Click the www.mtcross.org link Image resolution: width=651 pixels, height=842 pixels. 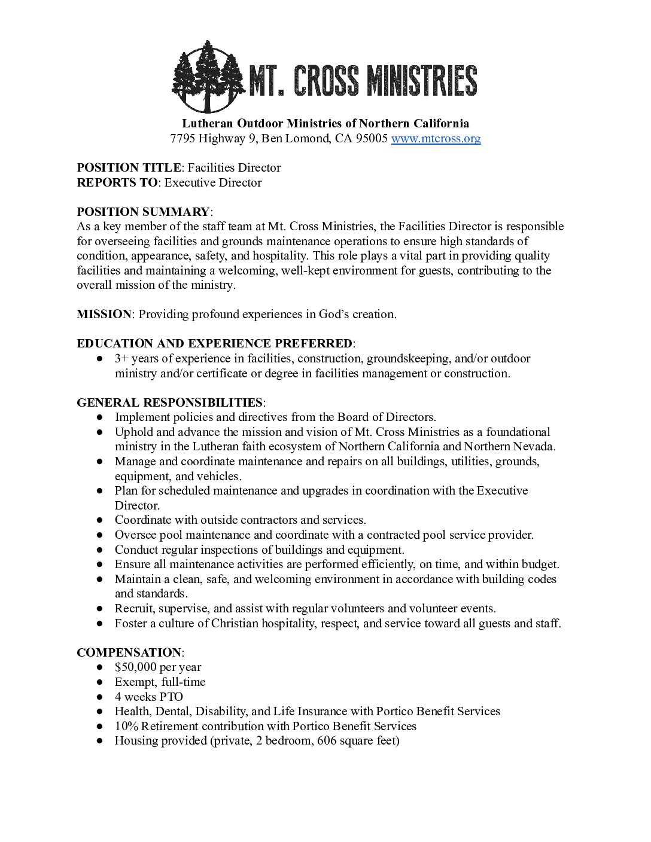point(436,139)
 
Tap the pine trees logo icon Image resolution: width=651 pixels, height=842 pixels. point(208,76)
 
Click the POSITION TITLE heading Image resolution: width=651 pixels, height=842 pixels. point(129,168)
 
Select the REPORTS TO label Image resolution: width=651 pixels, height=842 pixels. point(117,182)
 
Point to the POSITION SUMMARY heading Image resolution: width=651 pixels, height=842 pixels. point(143,212)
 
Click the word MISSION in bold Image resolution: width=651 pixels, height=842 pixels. point(104,314)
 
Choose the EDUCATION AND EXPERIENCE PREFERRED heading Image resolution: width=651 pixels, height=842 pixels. point(214,344)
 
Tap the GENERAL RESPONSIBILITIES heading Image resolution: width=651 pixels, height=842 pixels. point(169,402)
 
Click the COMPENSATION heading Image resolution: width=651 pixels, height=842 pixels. point(129,652)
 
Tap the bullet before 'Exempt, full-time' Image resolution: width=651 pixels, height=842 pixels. point(100,682)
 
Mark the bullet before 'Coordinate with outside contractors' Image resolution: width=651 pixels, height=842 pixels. point(100,520)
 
